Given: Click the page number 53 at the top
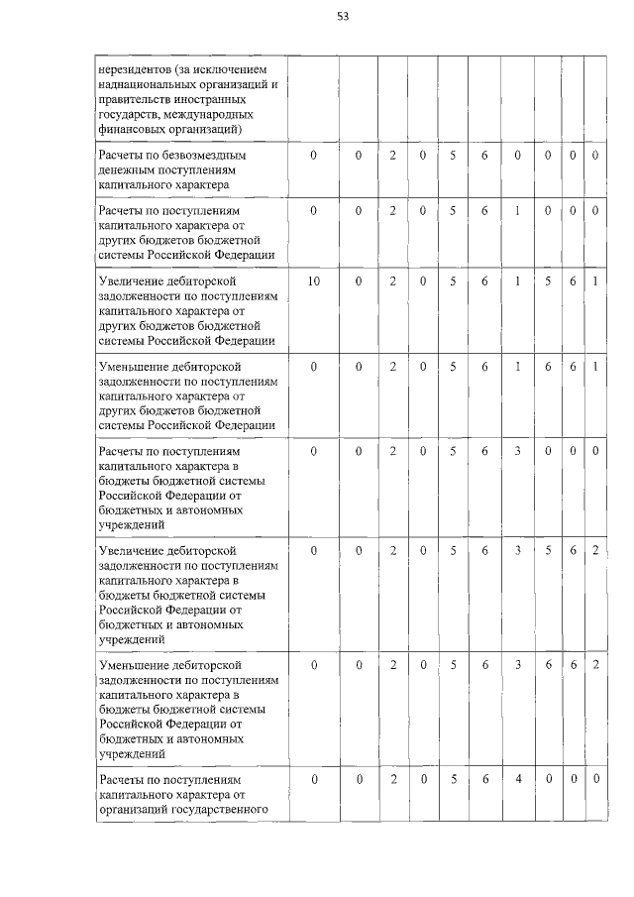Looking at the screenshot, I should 343,16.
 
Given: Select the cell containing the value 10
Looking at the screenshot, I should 314,281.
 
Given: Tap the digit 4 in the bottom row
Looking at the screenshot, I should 518,780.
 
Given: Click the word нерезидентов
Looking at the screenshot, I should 135,69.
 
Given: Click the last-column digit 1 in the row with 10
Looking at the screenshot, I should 595,281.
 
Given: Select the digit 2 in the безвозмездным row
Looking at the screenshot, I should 392,156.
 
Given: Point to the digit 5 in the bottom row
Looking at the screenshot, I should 453,780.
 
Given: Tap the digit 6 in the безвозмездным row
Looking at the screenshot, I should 485,156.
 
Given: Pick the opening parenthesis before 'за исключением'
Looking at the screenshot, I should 176,69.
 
